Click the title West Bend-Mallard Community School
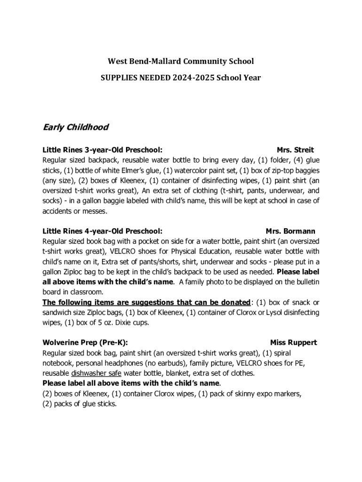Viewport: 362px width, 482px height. (x=181, y=61)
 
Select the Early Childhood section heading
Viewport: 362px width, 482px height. (x=76, y=127)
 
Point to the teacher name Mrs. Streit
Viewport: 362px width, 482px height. (x=295, y=150)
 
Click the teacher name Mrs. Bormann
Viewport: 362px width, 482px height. (x=291, y=231)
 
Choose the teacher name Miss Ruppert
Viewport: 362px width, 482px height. (x=293, y=343)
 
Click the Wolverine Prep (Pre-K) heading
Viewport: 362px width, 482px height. (x=85, y=343)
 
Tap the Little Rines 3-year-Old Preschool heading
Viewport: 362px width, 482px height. (x=102, y=150)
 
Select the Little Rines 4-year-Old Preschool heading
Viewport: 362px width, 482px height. (x=102, y=231)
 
